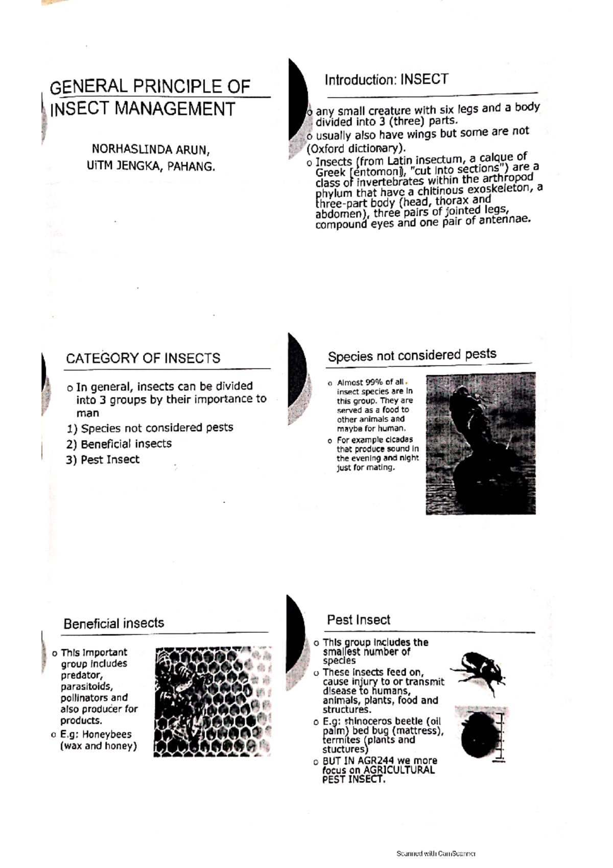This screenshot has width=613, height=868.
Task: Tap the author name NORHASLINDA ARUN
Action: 151,150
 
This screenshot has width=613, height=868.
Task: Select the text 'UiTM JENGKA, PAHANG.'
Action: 151,166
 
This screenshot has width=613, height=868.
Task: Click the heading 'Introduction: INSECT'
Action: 386,80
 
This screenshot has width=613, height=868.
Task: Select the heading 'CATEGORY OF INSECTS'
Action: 143,358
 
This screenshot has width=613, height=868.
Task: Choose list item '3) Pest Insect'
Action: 103,460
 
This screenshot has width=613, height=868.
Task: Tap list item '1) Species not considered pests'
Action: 150,428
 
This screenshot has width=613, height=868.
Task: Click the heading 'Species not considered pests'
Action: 412,355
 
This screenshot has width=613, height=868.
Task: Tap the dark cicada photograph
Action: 480,444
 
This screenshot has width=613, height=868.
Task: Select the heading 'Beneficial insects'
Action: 114,623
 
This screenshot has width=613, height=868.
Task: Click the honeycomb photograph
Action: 212,701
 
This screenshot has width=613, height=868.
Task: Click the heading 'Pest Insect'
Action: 359,620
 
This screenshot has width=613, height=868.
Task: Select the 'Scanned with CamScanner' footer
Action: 436,853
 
